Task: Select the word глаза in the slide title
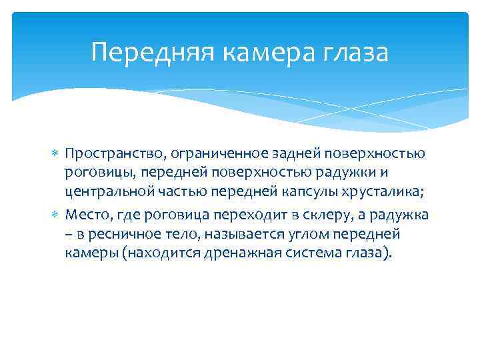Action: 355,52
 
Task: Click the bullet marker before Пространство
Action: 56,155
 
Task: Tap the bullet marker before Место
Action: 56,215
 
